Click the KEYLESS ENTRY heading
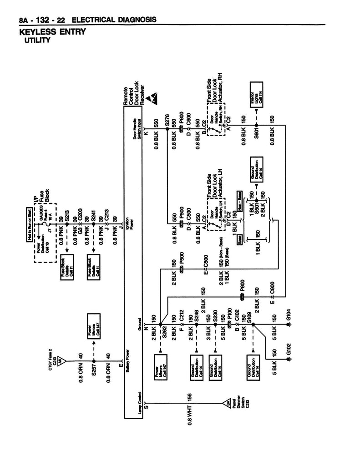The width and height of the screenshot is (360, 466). [x=52, y=32]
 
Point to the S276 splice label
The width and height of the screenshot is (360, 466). [x=167, y=121]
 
